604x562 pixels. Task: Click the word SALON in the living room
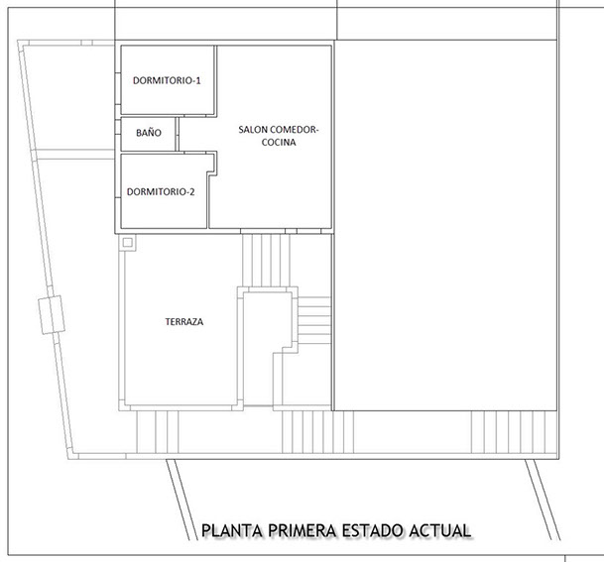(x=255, y=129)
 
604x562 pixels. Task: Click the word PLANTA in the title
(x=233, y=531)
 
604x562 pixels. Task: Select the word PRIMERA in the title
(x=303, y=531)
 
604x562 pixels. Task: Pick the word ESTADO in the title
(x=378, y=531)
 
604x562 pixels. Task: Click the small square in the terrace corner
(x=127, y=241)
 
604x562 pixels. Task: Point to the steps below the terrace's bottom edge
(x=156, y=431)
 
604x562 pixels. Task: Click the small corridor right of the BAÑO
(x=193, y=133)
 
